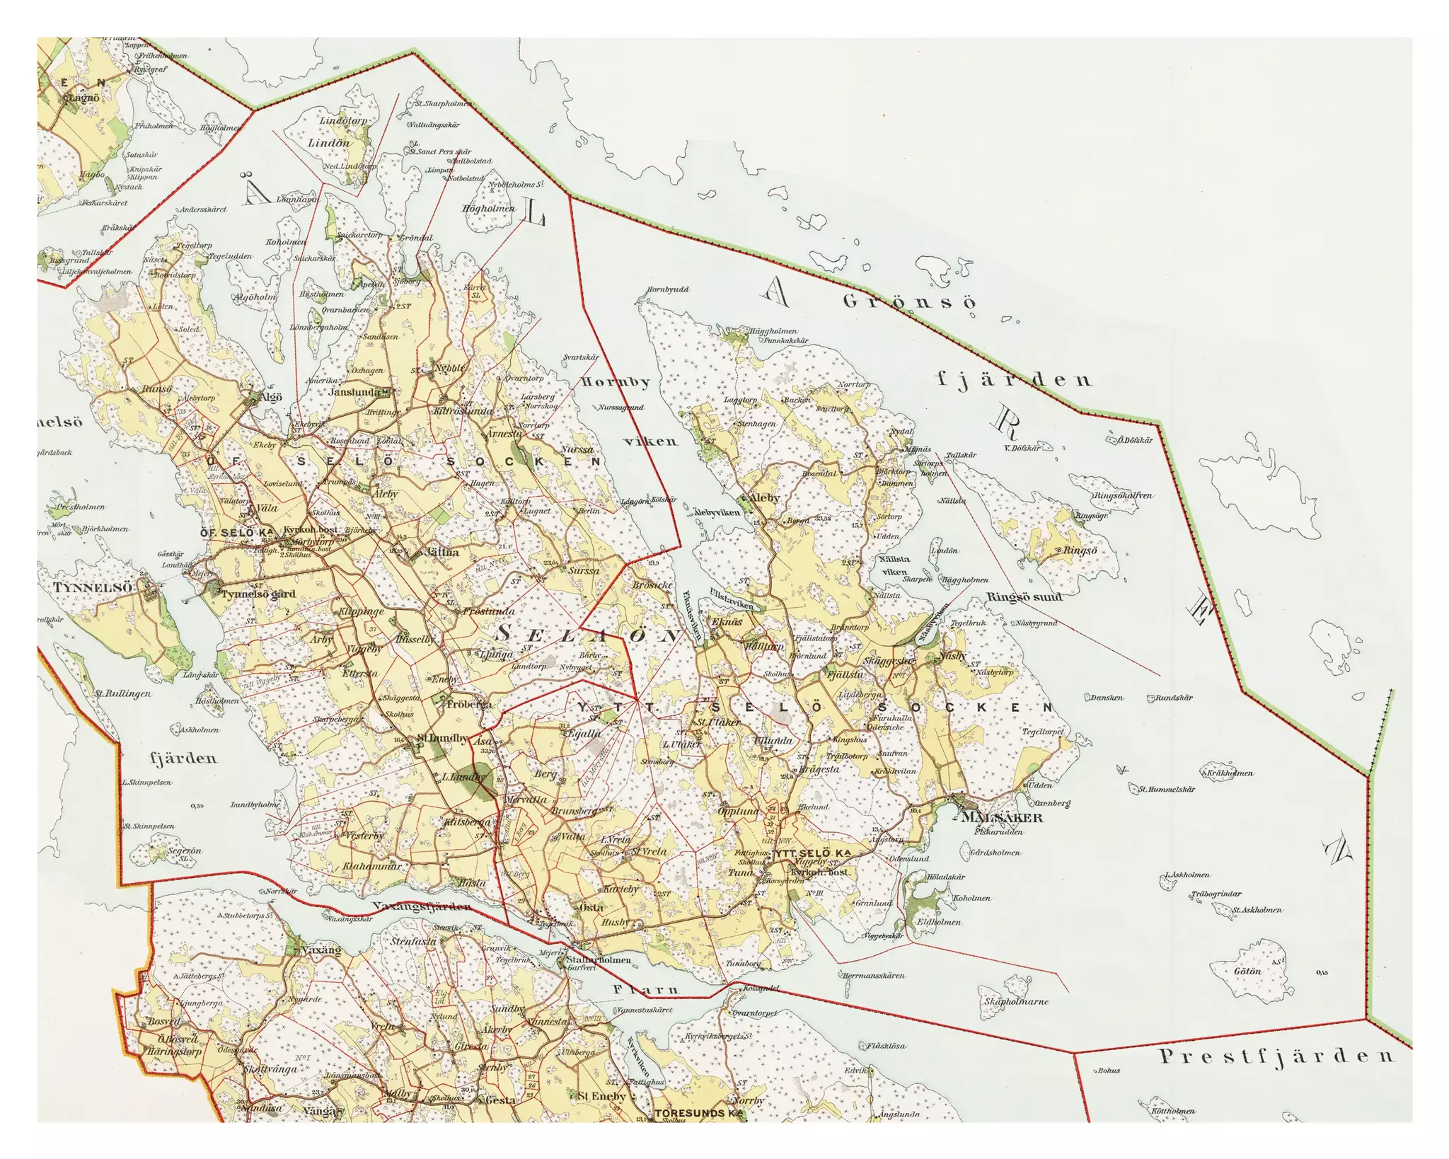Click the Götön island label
pyautogui.click(x=1247, y=971)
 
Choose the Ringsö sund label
pyautogui.click(x=1024, y=597)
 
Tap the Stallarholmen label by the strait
pyautogui.click(x=599, y=960)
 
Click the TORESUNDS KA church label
pyautogui.click(x=699, y=1113)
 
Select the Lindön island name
pyautogui.click(x=328, y=143)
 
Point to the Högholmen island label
pyautogui.click(x=488, y=209)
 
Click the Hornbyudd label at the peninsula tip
pyautogui.click(x=667, y=289)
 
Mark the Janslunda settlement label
pyautogui.click(x=354, y=391)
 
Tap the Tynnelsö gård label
pyautogui.click(x=258, y=594)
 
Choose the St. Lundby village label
pyautogui.click(x=443, y=738)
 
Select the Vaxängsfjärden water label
pyautogui.click(x=421, y=906)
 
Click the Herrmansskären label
pyautogui.click(x=874, y=976)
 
